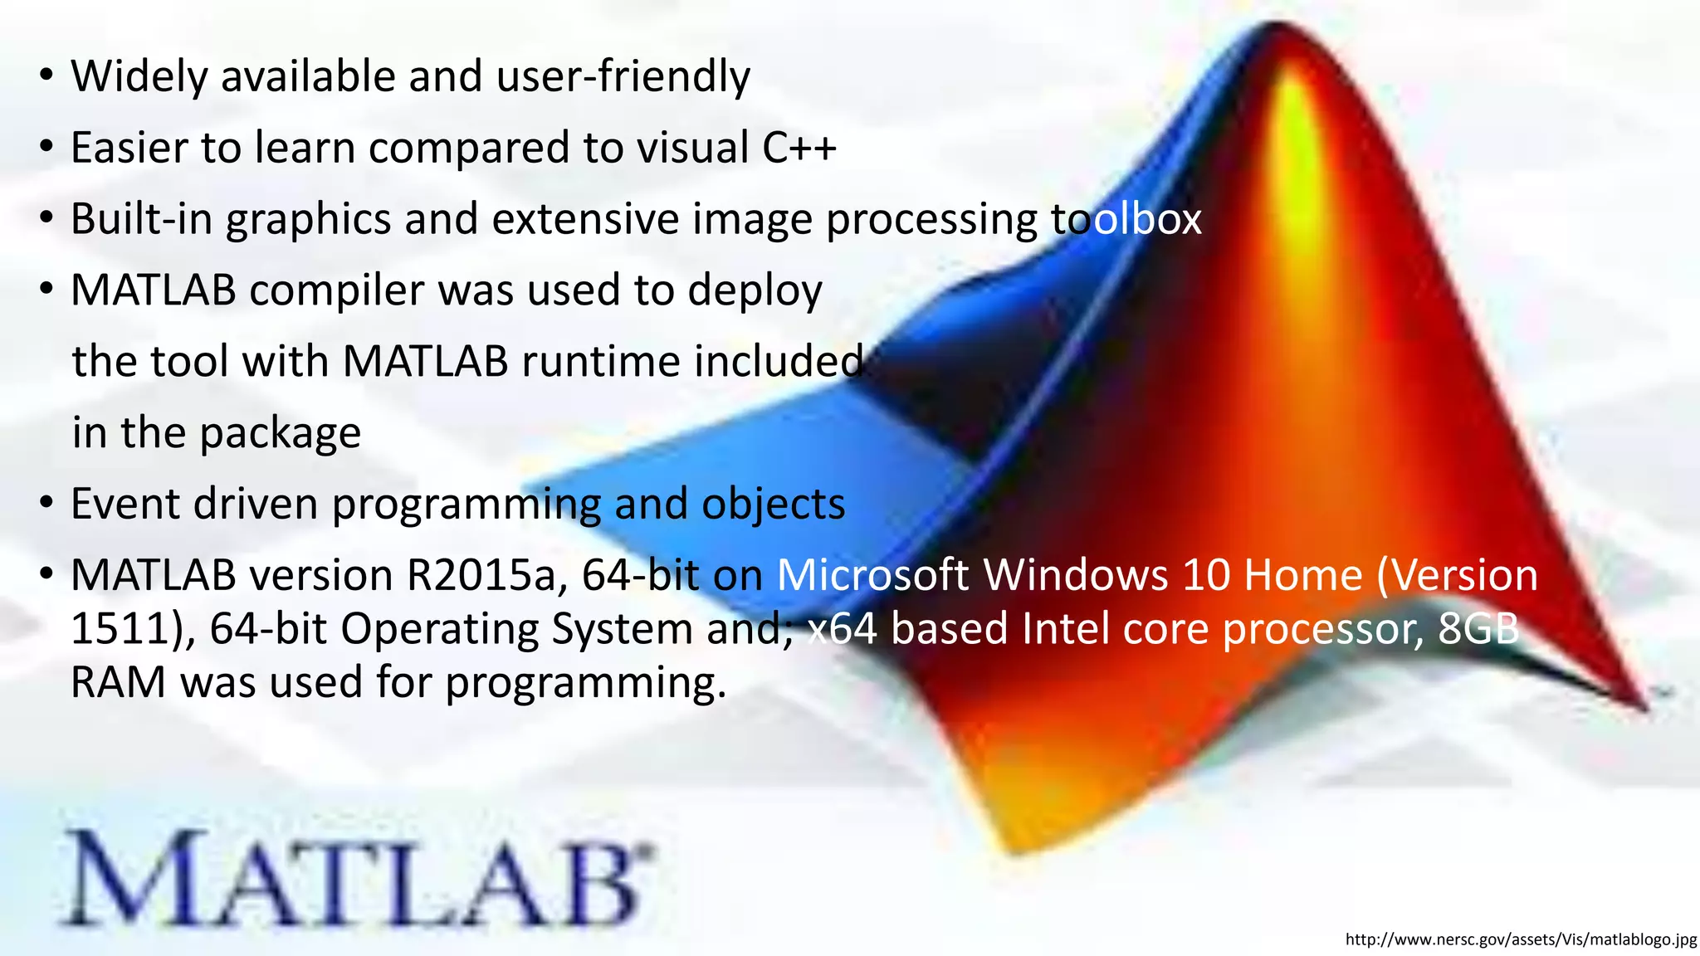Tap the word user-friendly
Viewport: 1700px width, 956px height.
623,76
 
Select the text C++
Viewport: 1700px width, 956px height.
799,148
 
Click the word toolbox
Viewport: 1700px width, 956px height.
1126,219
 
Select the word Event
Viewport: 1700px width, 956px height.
125,505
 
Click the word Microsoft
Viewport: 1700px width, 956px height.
872,576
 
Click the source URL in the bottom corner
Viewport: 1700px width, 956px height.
1521,939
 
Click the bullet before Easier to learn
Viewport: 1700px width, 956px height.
46,148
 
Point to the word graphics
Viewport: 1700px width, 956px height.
308,219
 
